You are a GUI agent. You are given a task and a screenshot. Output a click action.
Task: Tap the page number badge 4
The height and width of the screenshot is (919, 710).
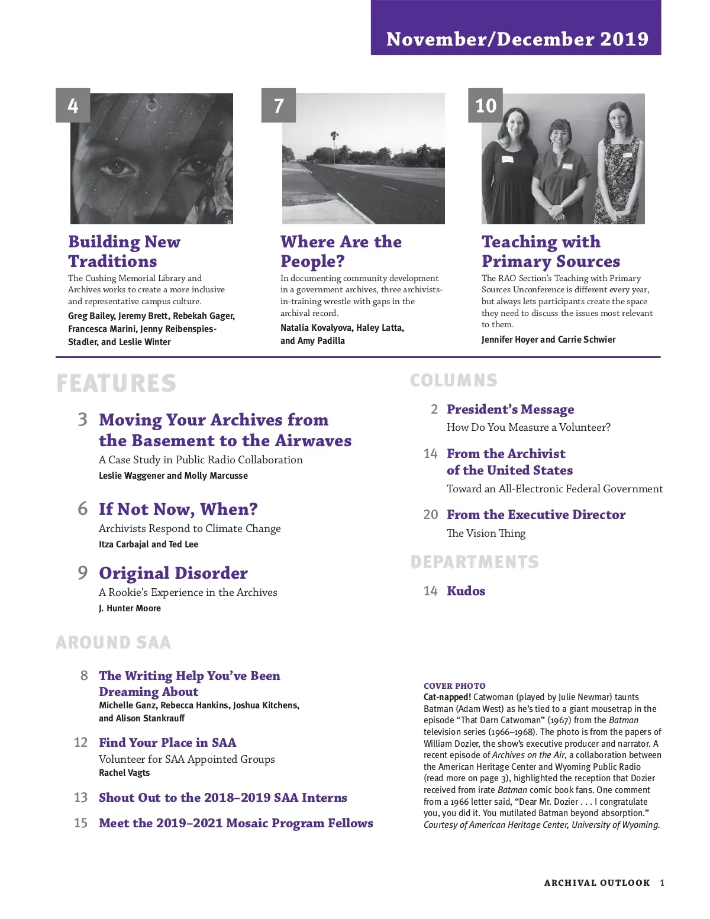coord(73,106)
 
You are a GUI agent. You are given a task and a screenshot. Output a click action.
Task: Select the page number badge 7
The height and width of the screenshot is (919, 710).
coord(279,106)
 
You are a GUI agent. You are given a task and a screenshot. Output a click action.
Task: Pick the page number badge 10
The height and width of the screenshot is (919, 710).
coord(486,106)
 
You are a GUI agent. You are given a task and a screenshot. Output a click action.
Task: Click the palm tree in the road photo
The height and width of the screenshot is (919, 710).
coord(334,142)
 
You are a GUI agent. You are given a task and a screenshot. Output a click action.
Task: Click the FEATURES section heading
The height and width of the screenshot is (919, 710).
coord(117,383)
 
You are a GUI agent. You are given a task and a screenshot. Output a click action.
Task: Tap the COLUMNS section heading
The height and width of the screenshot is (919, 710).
coord(454,381)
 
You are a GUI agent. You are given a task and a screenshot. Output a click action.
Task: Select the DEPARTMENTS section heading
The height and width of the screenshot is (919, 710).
coord(475,562)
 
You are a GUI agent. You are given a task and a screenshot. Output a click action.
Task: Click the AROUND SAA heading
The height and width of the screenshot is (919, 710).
coord(113,643)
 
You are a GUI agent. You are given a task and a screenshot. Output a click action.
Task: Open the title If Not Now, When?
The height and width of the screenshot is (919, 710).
coord(178,510)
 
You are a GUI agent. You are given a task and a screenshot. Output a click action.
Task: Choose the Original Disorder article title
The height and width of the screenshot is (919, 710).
coord(173,573)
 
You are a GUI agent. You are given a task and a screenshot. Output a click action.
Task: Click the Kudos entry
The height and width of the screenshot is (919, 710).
coord(466,591)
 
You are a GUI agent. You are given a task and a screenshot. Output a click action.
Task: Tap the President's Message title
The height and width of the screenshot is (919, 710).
coord(510,409)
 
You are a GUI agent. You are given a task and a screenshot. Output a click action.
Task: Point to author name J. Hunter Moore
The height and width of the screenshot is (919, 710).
coord(130,608)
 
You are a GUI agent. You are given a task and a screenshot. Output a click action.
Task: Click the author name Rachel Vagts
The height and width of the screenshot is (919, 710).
coord(124,773)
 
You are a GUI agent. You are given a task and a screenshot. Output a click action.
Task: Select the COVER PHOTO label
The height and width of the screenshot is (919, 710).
coord(454,686)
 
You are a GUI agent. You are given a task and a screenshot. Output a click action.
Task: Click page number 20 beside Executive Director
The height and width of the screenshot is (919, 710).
coord(431,515)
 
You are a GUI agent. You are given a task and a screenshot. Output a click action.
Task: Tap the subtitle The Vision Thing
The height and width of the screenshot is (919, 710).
coord(486,533)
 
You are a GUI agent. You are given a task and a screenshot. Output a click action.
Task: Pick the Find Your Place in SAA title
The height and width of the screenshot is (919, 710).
coord(167,743)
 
